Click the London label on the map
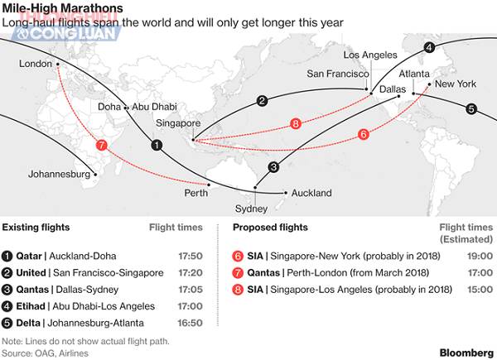pyautogui.click(x=34, y=63)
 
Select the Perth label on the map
pyautogui.click(x=196, y=193)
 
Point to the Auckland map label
pyautogui.click(x=311, y=194)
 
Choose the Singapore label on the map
pyautogui.click(x=177, y=122)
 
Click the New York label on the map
pyautogui.click(x=455, y=84)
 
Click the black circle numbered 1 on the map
pyautogui.click(x=157, y=145)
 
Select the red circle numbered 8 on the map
pyautogui.click(x=296, y=124)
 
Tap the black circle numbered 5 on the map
pyautogui.click(x=470, y=108)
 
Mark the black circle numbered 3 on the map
pyautogui.click(x=273, y=167)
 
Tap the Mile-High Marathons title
pyautogui.click(x=62, y=9)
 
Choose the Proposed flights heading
pyautogui.click(x=270, y=227)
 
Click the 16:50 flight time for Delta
pyautogui.click(x=191, y=323)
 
